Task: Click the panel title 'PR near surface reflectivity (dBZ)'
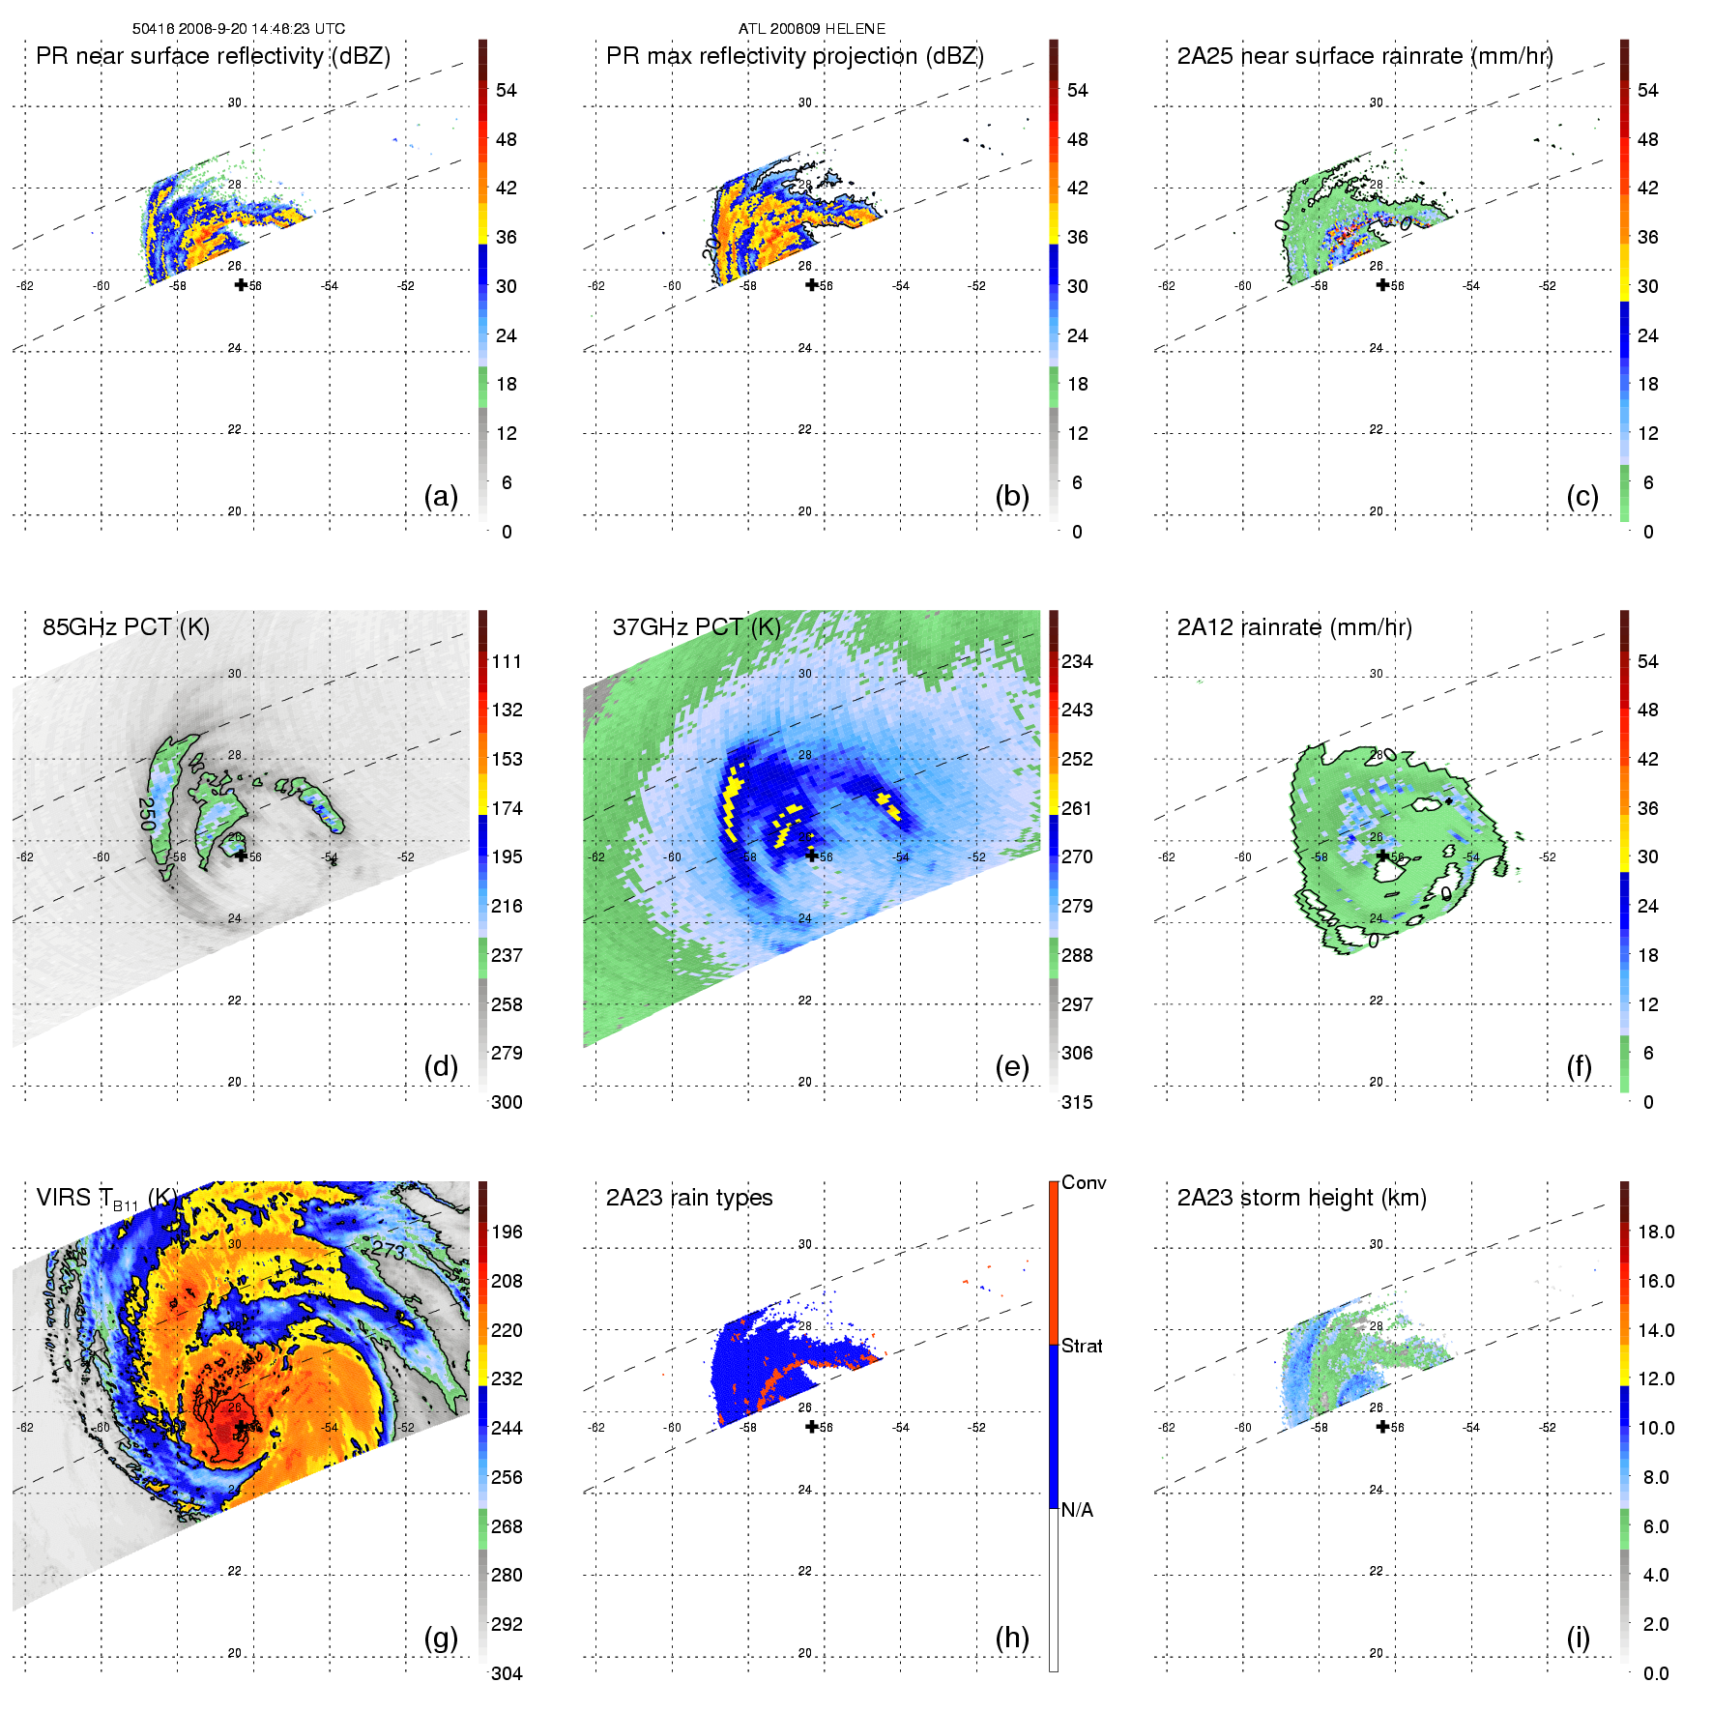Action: pos(213,56)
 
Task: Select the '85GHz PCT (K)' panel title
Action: pos(126,627)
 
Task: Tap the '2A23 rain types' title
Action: pos(689,1198)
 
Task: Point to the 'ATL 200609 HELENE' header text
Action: pos(812,29)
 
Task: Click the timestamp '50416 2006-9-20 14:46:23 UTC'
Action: pos(239,29)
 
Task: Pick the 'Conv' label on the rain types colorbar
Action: pos(1084,1182)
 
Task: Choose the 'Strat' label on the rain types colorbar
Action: pos(1082,1346)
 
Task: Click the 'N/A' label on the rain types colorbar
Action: pos(1077,1510)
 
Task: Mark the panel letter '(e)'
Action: pos(1011,1066)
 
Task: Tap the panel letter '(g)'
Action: pos(441,1638)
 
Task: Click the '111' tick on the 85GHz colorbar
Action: pos(507,661)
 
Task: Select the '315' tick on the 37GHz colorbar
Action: pos(1077,1102)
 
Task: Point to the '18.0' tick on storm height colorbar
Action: pos(1656,1232)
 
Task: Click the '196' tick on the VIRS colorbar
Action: pos(507,1232)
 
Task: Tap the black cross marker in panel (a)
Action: pos(241,284)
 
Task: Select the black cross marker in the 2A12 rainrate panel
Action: pos(1382,856)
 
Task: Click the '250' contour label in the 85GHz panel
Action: pos(147,814)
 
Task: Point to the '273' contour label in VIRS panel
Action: pos(389,1250)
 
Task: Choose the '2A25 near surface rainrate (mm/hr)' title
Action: pos(1365,56)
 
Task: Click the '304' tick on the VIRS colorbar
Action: pos(507,1673)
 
